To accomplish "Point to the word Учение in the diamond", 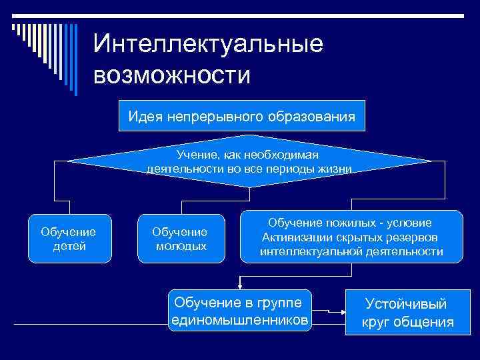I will click(x=194, y=154).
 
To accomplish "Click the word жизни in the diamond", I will click(x=335, y=168).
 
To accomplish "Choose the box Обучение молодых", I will click(x=179, y=239).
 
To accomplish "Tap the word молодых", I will click(x=180, y=246).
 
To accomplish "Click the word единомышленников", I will click(x=240, y=321).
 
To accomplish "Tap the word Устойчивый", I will click(x=407, y=304).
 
